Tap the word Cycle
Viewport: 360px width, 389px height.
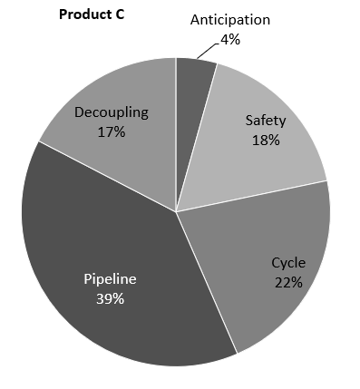tap(288, 263)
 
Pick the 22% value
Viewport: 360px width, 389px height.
tap(288, 281)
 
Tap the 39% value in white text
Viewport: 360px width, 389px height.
tap(110, 299)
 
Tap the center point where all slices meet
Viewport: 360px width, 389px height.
tap(176, 211)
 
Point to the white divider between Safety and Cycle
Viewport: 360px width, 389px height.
tap(254, 196)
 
